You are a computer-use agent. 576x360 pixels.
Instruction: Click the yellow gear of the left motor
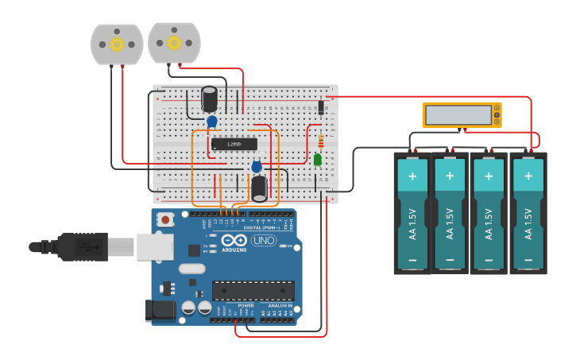(117, 44)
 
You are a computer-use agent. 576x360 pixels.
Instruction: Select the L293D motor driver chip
(234, 144)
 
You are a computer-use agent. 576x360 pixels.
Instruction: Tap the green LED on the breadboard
(318, 160)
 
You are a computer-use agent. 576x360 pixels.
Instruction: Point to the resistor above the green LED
(320, 141)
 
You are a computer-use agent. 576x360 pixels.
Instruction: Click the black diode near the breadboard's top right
(321, 107)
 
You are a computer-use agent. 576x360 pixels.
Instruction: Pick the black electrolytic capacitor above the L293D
(210, 99)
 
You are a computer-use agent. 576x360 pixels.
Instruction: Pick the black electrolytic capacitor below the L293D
(259, 188)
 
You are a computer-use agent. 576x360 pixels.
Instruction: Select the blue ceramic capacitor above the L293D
(212, 121)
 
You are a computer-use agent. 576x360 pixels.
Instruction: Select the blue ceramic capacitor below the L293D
(257, 167)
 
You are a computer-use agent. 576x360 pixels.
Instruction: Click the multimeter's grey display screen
(458, 114)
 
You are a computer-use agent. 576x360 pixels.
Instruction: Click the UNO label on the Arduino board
(264, 241)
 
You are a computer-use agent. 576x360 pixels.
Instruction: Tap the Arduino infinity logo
(235, 241)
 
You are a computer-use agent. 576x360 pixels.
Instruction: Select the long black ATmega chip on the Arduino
(253, 291)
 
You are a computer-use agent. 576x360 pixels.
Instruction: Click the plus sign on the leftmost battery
(412, 174)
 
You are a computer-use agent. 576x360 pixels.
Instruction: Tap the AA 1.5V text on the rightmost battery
(527, 222)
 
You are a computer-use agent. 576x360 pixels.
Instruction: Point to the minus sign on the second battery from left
(450, 260)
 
